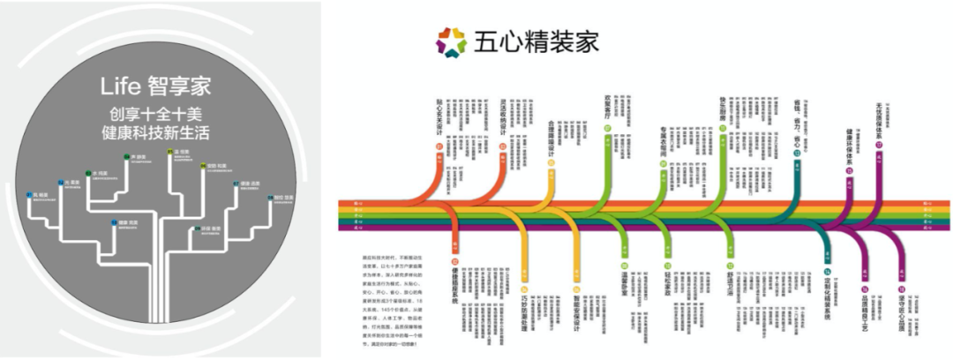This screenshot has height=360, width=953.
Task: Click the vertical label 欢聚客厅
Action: [x=607, y=108]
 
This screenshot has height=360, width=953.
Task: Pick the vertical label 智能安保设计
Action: [x=574, y=304]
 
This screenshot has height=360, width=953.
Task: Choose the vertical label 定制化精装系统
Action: [x=829, y=300]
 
